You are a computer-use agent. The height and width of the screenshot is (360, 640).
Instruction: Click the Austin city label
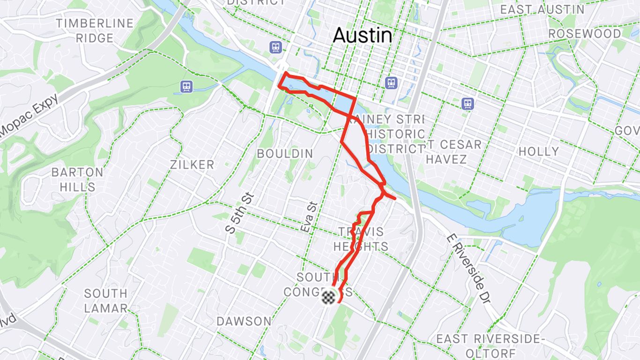362,36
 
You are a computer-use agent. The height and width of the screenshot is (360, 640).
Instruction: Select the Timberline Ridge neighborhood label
95,30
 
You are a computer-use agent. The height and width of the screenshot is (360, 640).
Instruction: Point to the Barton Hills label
77,179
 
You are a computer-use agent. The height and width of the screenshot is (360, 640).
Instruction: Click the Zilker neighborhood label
192,165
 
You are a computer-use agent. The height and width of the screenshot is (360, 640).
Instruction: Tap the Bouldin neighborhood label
285,154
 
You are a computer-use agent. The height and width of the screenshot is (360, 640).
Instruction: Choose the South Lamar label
106,301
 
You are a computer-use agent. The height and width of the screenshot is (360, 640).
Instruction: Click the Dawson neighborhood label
244,322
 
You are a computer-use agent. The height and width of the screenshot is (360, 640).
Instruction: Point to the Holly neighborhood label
538,151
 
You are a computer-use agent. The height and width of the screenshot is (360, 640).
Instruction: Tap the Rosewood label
585,34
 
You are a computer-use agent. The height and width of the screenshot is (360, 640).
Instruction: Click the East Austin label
542,9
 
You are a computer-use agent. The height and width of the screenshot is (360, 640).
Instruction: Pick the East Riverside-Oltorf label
482,345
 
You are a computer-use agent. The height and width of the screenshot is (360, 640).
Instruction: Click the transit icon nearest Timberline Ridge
187,86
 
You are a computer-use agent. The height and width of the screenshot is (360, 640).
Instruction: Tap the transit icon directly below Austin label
391,83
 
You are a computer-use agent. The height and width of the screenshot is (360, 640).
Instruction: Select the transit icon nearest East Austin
467,104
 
